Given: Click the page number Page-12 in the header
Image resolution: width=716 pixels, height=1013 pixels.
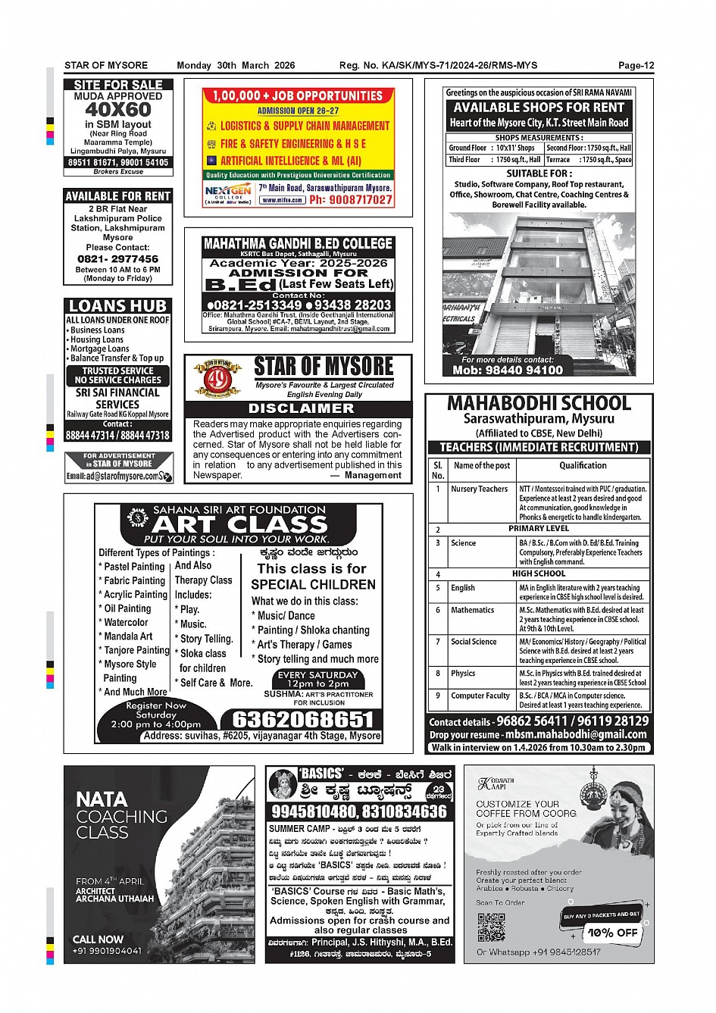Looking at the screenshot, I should click(635, 66).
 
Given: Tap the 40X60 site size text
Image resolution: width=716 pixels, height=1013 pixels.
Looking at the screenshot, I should click(118, 109).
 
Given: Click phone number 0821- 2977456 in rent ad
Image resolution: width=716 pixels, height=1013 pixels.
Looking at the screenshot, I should click(117, 258).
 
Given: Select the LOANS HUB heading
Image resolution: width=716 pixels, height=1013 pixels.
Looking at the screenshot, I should click(117, 306).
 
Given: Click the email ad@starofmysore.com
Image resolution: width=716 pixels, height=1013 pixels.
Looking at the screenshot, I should click(113, 477).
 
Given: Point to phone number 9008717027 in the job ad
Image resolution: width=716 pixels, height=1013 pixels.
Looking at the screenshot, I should click(351, 200).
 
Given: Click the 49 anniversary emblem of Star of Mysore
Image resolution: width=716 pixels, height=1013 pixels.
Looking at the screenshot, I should click(217, 378).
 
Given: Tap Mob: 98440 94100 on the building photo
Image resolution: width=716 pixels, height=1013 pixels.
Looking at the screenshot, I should click(508, 370).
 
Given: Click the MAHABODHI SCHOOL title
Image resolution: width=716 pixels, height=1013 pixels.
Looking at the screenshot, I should click(539, 403).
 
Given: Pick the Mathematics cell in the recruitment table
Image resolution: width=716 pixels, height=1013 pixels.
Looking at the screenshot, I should click(472, 610).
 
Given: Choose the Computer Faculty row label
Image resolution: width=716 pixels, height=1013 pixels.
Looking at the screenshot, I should click(480, 696).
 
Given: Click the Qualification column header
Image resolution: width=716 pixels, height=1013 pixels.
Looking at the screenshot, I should click(583, 466).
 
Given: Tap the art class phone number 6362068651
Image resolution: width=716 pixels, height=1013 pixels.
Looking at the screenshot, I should click(302, 719).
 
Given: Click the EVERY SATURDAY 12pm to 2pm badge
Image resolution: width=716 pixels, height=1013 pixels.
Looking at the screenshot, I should click(317, 679).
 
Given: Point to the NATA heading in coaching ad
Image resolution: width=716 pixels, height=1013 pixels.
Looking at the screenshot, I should click(102, 799).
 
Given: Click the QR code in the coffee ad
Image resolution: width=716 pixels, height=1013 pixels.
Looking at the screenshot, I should click(492, 927).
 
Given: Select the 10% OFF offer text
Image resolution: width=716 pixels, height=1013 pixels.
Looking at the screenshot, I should click(612, 933).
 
